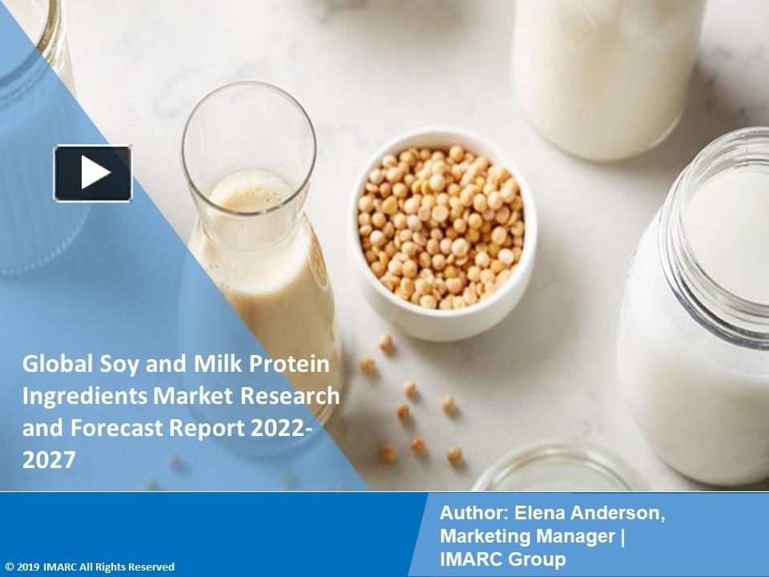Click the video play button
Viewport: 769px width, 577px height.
[x=93, y=173]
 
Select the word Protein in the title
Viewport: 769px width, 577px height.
[x=292, y=365]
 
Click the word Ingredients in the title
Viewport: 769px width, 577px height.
[x=74, y=397]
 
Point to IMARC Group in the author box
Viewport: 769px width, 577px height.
[x=502, y=559]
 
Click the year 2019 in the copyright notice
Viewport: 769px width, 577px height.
[x=29, y=567]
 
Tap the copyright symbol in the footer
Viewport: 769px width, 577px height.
[x=8, y=567]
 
